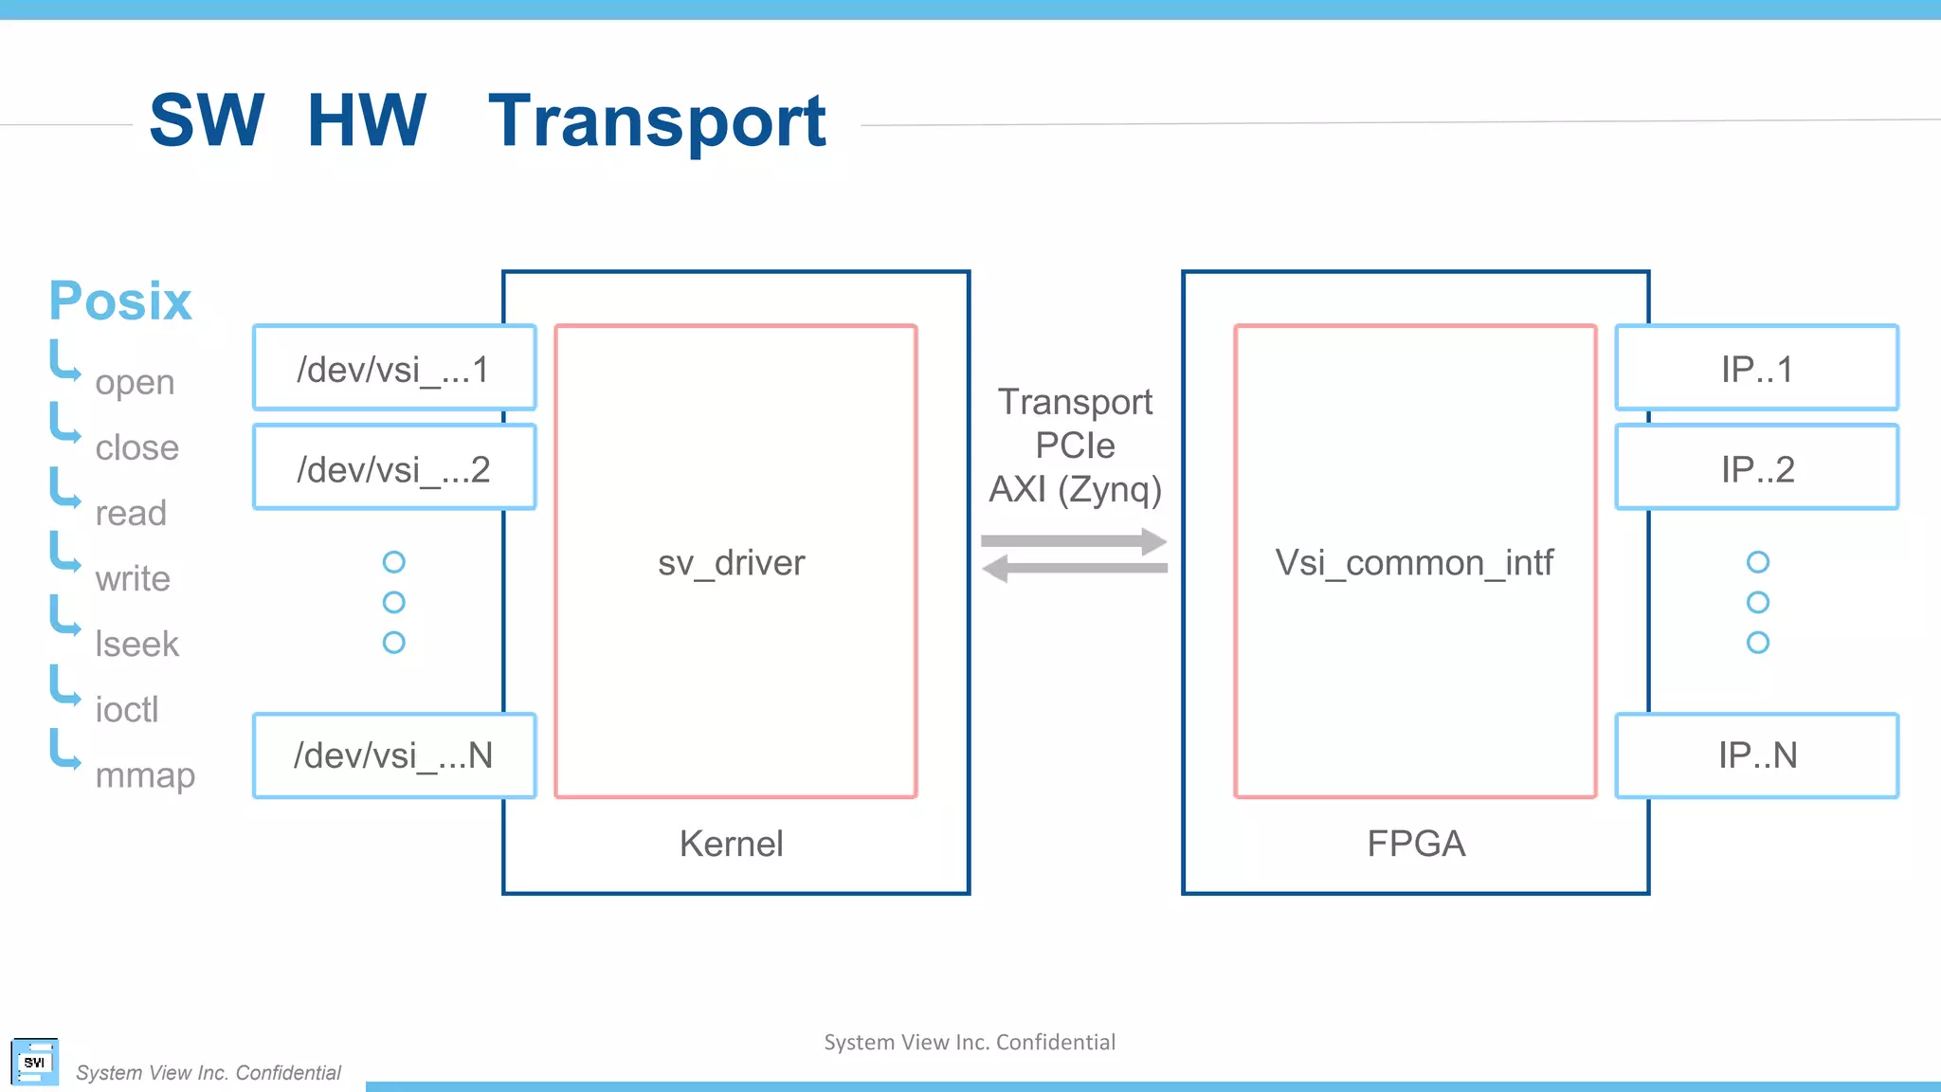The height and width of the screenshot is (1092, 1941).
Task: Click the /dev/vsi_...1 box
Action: tap(394, 368)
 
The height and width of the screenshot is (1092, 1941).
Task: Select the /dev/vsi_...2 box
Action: tap(394, 467)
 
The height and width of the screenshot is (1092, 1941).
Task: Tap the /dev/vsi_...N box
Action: tap(394, 755)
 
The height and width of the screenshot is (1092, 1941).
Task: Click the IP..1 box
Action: tap(1756, 368)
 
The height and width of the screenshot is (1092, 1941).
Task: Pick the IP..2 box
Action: tap(1756, 467)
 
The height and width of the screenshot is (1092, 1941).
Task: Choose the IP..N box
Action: tap(1756, 755)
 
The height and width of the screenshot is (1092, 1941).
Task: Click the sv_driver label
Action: tap(731, 562)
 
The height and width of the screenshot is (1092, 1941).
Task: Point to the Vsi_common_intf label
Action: tap(1414, 562)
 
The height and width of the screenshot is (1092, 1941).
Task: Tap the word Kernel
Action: tap(731, 843)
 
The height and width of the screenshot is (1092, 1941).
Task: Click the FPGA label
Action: tap(1416, 843)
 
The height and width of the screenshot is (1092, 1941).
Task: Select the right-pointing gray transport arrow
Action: tap(1074, 541)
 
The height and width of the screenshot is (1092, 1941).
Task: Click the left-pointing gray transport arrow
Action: tap(1074, 569)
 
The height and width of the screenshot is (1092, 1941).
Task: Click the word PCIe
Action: tap(1075, 445)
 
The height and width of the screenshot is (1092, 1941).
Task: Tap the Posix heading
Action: tap(120, 301)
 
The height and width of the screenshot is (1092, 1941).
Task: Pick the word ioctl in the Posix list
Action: tap(127, 709)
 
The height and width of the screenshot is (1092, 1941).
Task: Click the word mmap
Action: tap(145, 774)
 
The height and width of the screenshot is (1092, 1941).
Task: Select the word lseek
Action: tap(136, 644)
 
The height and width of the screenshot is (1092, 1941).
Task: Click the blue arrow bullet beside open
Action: tap(64, 361)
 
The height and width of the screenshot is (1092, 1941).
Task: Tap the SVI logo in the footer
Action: tap(35, 1062)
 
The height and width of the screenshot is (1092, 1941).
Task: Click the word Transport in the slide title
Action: tap(657, 120)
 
